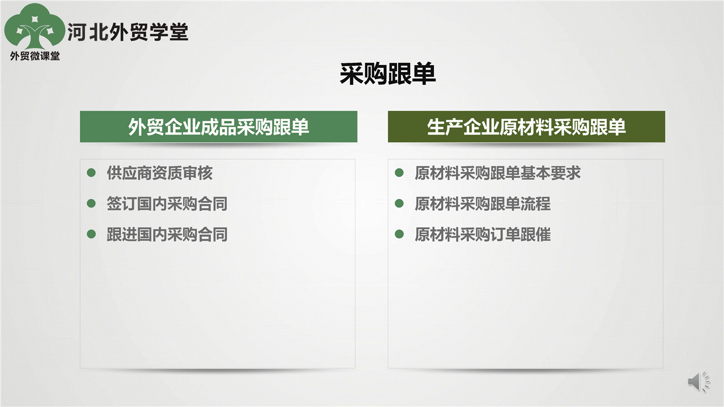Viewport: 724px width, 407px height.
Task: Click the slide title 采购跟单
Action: click(x=387, y=74)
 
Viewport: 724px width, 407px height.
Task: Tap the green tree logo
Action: click(x=35, y=27)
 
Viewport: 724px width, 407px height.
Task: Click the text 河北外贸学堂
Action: click(x=128, y=32)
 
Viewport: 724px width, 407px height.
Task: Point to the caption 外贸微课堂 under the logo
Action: click(x=35, y=56)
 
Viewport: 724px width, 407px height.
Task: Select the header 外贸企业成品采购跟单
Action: click(x=218, y=127)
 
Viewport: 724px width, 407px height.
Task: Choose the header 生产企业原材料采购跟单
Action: click(x=526, y=127)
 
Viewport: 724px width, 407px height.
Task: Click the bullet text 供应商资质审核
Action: click(x=160, y=173)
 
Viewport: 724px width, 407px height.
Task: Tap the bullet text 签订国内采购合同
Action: click(x=167, y=203)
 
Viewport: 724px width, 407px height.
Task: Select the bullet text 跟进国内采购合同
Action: click(x=167, y=234)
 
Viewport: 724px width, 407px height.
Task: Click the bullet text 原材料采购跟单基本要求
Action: click(x=498, y=173)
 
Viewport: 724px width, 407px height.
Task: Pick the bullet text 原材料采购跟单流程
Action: click(x=482, y=203)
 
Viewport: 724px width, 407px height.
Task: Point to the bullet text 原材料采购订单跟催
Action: click(x=482, y=234)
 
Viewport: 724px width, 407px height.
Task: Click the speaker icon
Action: click(x=699, y=382)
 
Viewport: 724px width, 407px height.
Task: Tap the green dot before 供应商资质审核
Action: click(x=91, y=172)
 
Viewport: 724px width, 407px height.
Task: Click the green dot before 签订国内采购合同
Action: click(x=91, y=203)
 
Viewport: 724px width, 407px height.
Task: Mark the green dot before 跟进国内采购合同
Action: click(x=91, y=234)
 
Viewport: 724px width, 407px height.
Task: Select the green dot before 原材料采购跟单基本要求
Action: click(x=399, y=172)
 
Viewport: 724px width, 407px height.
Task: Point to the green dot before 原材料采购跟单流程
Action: click(x=399, y=203)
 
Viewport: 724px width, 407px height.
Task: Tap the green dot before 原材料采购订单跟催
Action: click(x=399, y=234)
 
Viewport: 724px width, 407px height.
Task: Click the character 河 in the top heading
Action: click(x=76, y=32)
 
